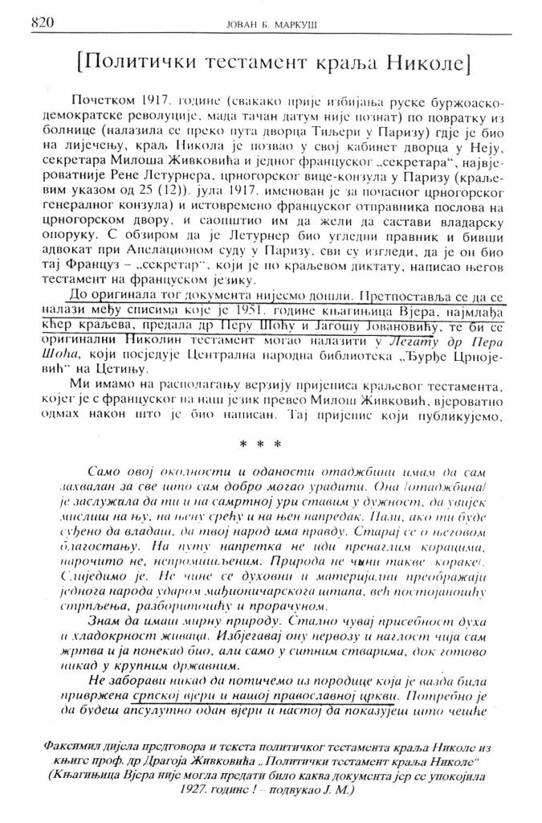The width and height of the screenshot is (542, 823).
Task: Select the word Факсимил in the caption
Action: pyautogui.click(x=88, y=747)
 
